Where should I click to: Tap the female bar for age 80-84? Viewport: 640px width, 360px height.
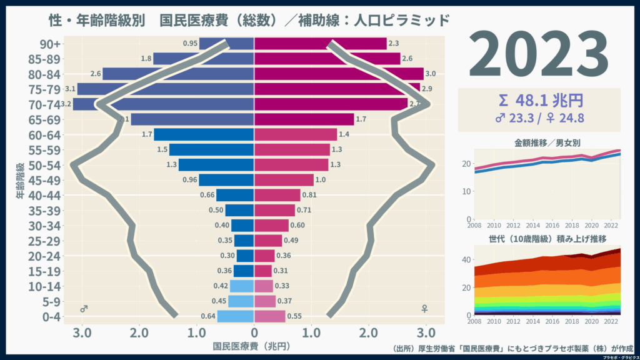[337, 74]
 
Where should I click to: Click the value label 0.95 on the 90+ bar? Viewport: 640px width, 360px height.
[191, 44]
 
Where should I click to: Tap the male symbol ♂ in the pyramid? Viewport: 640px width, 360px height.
[84, 309]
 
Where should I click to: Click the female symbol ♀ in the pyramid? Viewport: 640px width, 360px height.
[425, 309]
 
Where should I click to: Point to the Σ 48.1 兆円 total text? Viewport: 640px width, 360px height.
[539, 100]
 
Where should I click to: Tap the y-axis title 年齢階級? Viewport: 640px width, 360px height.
[21, 181]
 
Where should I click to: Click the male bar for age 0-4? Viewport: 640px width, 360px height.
[236, 316]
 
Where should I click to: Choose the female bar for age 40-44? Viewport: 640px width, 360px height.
[277, 195]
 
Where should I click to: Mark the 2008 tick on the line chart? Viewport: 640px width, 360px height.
[474, 226]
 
